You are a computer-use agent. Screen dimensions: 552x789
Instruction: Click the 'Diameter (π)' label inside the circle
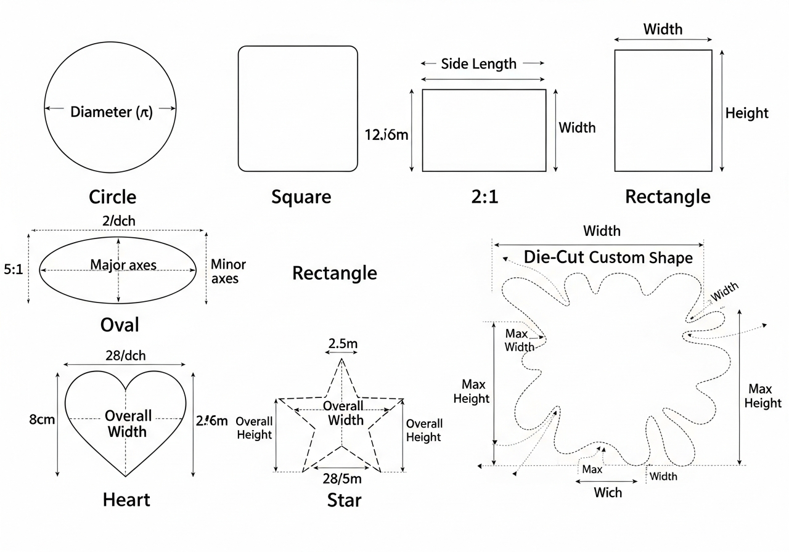[x=112, y=112]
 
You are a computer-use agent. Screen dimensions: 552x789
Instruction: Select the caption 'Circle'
[x=112, y=197]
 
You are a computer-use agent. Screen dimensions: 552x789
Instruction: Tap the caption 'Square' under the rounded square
[x=301, y=197]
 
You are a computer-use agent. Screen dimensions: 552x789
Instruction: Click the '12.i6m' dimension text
[x=386, y=135]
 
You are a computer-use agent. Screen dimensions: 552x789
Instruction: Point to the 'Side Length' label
[x=479, y=63]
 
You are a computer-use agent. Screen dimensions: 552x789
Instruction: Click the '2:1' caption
[x=483, y=197]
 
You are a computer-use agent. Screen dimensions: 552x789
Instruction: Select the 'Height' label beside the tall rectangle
[x=746, y=113]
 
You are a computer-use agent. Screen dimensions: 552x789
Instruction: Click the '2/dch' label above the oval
[x=119, y=221]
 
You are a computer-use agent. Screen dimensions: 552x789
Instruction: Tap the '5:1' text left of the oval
[x=13, y=269]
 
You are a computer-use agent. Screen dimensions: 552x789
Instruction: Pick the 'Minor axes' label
[x=228, y=271]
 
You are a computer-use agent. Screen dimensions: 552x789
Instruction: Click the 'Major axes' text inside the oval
[x=123, y=266]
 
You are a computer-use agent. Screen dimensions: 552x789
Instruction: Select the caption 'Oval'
[x=119, y=325]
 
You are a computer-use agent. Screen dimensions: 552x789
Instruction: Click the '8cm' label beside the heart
[x=43, y=420]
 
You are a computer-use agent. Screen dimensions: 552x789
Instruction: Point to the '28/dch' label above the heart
[x=126, y=355]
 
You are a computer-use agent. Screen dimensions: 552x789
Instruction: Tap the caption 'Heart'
[x=126, y=500]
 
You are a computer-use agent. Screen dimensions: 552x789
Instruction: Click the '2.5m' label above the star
[x=341, y=344]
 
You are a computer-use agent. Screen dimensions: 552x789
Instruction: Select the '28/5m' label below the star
[x=342, y=479]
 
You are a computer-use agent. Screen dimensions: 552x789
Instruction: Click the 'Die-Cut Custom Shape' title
[x=608, y=257]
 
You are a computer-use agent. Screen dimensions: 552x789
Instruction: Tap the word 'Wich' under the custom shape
[x=608, y=493]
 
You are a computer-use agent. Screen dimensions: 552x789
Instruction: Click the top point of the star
[x=341, y=359]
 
